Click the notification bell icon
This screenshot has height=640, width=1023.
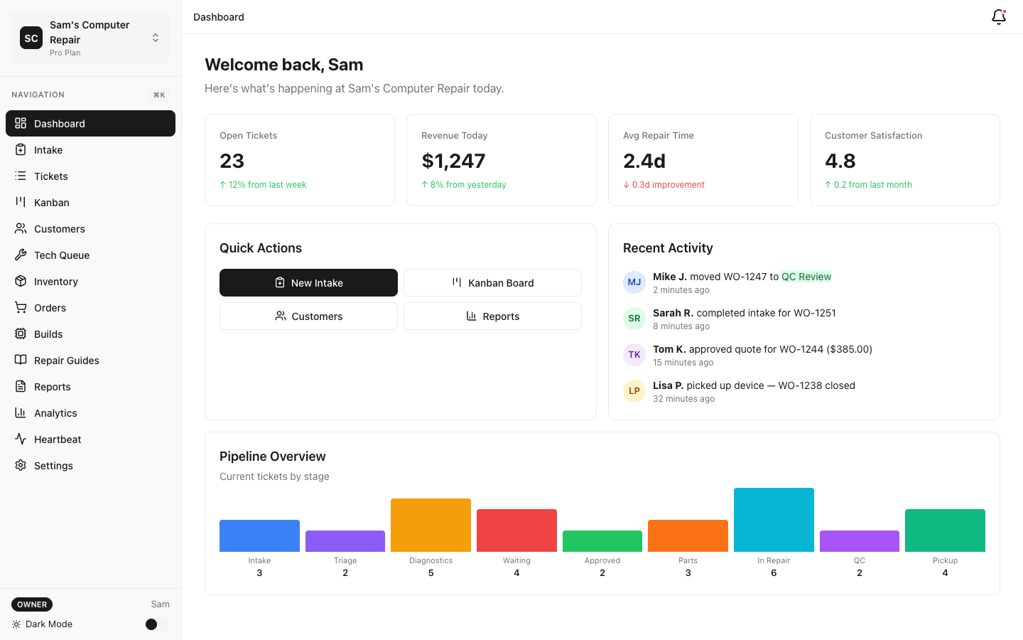[x=998, y=17]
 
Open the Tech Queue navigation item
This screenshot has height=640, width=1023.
[x=62, y=255]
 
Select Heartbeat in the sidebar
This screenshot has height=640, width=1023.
[x=58, y=439]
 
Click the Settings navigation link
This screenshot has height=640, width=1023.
[x=53, y=466]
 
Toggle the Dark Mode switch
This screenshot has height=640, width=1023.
[x=156, y=624]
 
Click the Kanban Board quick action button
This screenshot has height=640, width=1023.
[x=492, y=283]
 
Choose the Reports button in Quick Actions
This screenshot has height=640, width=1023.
[x=492, y=316]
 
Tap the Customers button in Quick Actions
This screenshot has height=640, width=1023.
[x=308, y=316]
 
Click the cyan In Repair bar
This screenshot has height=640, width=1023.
[x=774, y=520]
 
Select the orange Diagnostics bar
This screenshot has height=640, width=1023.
[x=431, y=525]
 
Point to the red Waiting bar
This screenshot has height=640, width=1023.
[x=516, y=530]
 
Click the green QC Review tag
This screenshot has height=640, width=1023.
[x=806, y=277]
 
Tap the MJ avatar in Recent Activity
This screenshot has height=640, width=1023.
[x=634, y=282]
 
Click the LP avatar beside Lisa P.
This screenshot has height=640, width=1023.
[x=634, y=391]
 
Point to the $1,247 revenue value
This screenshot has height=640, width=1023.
[x=453, y=161]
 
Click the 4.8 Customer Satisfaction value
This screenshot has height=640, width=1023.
[x=840, y=161]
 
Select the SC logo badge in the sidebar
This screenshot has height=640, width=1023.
[x=31, y=38]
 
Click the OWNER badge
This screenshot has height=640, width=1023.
[x=32, y=604]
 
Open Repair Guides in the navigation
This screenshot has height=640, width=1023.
[x=67, y=361]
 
